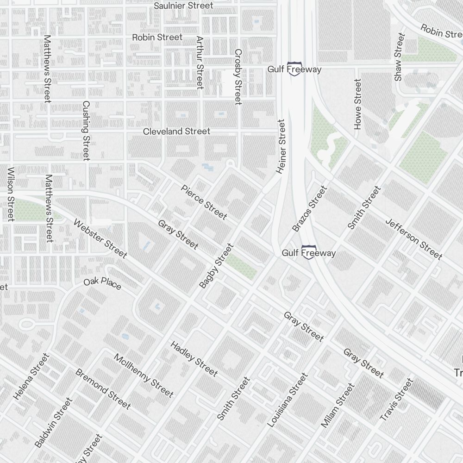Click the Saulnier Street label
tap(183, 6)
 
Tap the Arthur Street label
tap(200, 63)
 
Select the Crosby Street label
tap(238, 77)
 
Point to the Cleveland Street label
tap(176, 131)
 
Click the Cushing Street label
tap(86, 131)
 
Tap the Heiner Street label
tap(282, 146)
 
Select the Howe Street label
tap(357, 104)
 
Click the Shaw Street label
tap(400, 57)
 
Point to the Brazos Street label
tap(310, 208)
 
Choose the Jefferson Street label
tap(413, 238)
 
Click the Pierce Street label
tap(204, 202)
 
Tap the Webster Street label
tap(100, 238)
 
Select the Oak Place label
tap(102, 284)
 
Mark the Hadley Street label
tap(194, 358)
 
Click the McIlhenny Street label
tap(144, 375)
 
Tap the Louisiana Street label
tap(288, 400)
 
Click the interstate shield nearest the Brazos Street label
tap(309, 252)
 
